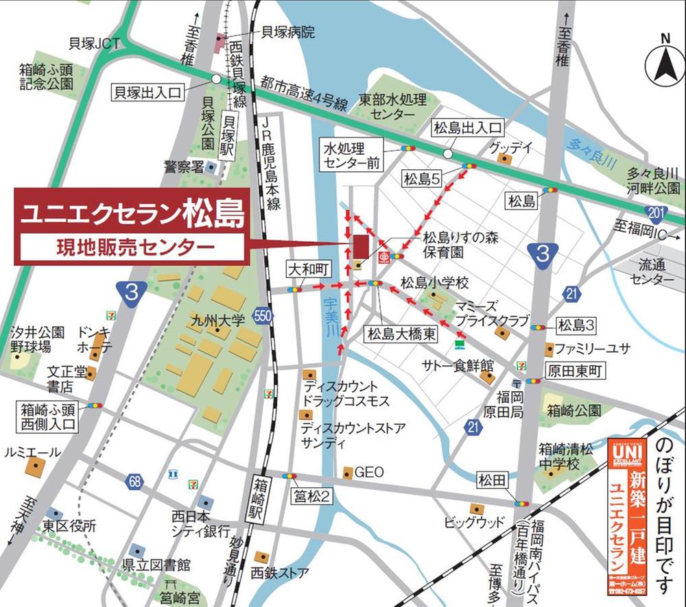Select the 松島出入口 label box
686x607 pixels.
coord(467,127)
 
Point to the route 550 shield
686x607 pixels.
coord(261,316)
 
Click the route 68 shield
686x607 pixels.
coord(134,482)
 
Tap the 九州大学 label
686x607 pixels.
coord(218,320)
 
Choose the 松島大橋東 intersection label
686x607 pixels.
coord(401,334)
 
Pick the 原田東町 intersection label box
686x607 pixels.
coord(573,371)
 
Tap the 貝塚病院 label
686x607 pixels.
coord(287,32)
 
